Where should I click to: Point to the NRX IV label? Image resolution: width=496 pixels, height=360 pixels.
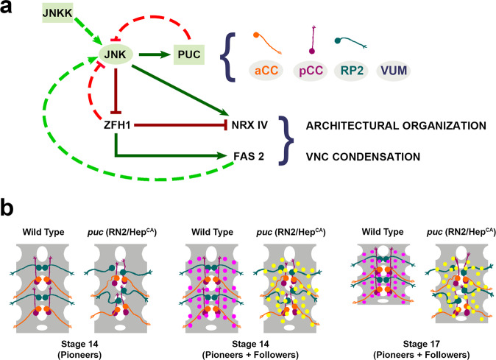coord(243,125)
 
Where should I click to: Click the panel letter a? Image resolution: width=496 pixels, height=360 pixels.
coord(10,11)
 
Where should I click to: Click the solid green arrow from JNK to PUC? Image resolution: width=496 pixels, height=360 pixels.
coord(155,54)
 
